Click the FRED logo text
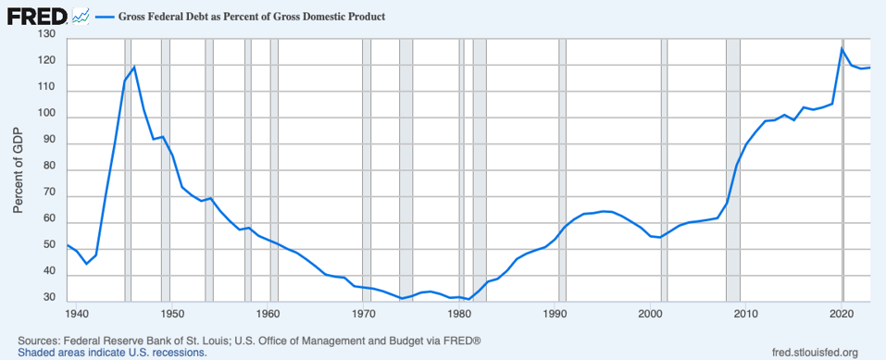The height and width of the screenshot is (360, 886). click(35, 16)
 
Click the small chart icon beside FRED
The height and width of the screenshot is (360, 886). click(81, 16)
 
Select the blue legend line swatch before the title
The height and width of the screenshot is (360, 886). click(105, 18)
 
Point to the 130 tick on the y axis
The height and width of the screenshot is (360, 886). click(46, 34)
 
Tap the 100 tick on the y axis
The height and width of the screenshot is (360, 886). click(46, 115)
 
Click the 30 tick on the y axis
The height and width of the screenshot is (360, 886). click(49, 299)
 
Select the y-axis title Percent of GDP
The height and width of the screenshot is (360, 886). click(18, 167)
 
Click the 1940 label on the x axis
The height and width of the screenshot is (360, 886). click(78, 313)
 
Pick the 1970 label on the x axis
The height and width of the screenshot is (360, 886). click(365, 313)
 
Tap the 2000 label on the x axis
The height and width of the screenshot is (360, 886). click(652, 313)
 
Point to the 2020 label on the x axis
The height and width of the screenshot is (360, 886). click(842, 313)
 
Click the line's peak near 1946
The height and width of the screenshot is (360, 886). click(134, 67)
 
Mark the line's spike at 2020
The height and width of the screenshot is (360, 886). click(842, 48)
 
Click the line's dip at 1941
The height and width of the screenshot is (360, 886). click(86, 264)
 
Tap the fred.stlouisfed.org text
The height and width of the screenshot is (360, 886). click(815, 353)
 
